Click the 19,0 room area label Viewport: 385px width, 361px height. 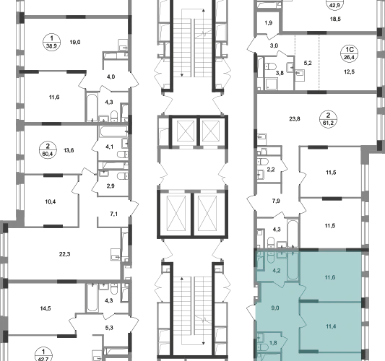(x=75, y=42)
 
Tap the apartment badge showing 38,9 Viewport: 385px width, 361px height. (x=51, y=42)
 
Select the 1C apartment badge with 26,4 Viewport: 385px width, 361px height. (x=349, y=53)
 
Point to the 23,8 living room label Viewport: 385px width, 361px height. (x=295, y=119)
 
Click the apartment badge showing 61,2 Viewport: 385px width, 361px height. (x=328, y=119)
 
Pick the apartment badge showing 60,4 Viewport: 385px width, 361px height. (x=48, y=150)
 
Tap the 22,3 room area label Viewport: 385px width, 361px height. (x=64, y=254)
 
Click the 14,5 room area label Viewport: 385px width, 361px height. (x=46, y=308)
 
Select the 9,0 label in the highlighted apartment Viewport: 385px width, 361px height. (x=275, y=308)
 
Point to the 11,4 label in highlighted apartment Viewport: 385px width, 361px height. (x=331, y=326)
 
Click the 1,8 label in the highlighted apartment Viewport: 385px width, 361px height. (x=273, y=343)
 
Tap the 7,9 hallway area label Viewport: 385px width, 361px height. (x=276, y=201)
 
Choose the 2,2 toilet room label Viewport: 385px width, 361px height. (x=271, y=170)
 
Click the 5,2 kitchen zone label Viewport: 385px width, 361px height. (x=308, y=63)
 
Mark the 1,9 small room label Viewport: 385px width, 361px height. (x=269, y=23)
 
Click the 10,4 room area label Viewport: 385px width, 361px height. (x=51, y=201)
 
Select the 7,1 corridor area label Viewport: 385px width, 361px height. (x=113, y=214)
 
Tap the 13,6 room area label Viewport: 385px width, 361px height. (x=69, y=150)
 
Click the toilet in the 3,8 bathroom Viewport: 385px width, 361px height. (x=271, y=66)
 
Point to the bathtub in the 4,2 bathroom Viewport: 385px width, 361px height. (x=293, y=266)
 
